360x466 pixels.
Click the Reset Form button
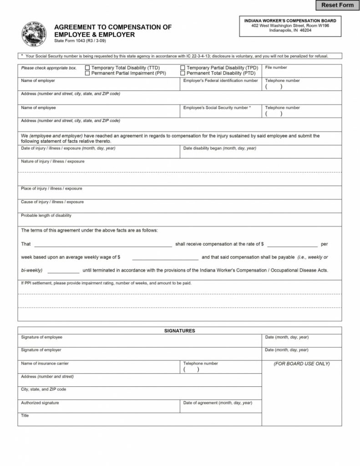tap(337, 5)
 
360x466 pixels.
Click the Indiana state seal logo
tap(34, 34)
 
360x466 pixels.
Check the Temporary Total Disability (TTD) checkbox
tap(87, 68)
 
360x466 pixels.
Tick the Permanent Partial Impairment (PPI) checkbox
tap(87, 73)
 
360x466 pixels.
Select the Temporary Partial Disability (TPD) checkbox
tap(183, 68)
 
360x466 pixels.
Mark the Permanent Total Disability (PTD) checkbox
tap(183, 73)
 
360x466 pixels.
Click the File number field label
tap(276, 67)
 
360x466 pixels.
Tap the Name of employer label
tap(38, 81)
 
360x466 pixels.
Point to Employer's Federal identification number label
tap(220, 81)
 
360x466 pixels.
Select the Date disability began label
tap(219, 148)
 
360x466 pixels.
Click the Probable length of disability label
tap(46, 215)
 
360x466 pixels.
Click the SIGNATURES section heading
tap(179, 331)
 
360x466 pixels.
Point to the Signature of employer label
tap(41, 350)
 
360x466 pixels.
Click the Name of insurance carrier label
tap(45, 363)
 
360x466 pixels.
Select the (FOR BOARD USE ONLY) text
tap(302, 364)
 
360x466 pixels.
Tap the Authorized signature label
tap(40, 403)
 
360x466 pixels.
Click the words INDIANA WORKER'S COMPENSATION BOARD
tap(290, 20)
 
